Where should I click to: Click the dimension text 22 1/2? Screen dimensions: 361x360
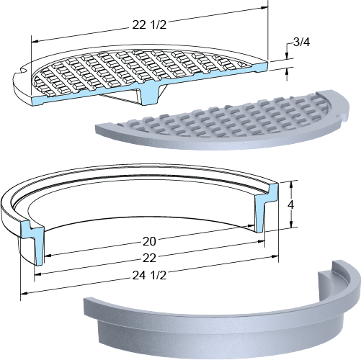149,24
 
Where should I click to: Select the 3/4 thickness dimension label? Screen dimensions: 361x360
302,42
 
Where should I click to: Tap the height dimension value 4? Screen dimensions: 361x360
291,204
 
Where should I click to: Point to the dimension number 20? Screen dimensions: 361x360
149,241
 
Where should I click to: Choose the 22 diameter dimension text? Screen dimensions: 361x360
149,258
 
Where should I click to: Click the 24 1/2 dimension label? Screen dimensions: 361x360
149,276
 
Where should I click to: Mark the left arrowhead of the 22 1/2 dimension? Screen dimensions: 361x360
35,42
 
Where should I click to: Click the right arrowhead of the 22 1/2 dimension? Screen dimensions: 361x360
264,8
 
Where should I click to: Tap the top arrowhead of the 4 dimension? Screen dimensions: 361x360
291,184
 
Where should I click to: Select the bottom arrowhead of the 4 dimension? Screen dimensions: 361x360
291,224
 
